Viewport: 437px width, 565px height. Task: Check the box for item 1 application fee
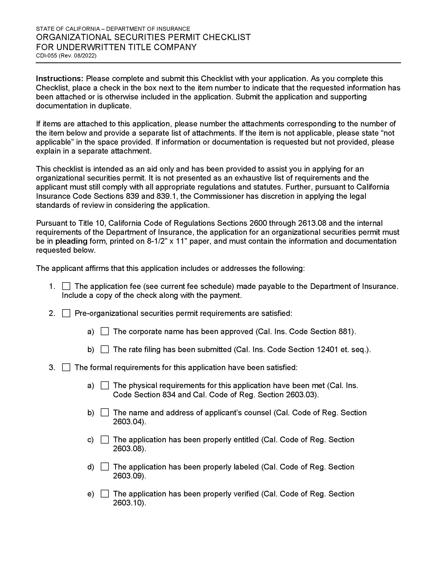click(66, 286)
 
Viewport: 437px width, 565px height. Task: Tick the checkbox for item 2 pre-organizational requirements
click(66, 314)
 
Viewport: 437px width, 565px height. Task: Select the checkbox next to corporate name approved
click(105, 331)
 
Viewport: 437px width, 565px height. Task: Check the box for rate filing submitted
click(105, 350)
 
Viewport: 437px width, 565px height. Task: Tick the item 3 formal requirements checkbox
click(66, 368)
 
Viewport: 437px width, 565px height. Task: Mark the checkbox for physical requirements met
click(105, 385)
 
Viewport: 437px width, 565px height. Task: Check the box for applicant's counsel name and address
click(105, 413)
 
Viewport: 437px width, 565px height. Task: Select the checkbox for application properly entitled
click(105, 439)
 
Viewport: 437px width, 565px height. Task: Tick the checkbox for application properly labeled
click(105, 467)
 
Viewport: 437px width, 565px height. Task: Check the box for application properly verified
click(105, 494)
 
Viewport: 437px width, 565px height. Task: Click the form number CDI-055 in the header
click(47, 56)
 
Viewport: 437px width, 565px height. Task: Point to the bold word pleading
click(71, 241)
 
